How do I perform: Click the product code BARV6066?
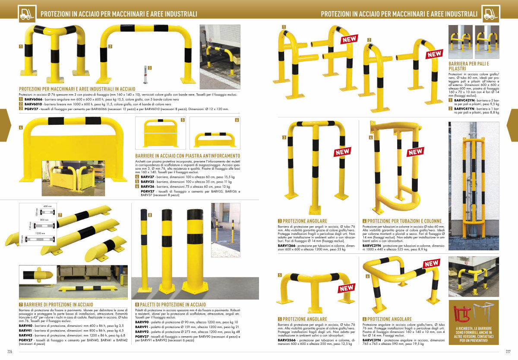coord(32,100)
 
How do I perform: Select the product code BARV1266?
coord(287,246)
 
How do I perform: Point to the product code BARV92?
coord(142,332)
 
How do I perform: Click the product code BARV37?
coord(147,177)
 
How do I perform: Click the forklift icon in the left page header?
coord(28,14)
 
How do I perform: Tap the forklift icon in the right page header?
coord(490,14)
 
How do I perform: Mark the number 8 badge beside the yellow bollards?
coord(150,215)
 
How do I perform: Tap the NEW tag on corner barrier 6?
coord(431,263)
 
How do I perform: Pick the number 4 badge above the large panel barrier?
coord(21,128)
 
